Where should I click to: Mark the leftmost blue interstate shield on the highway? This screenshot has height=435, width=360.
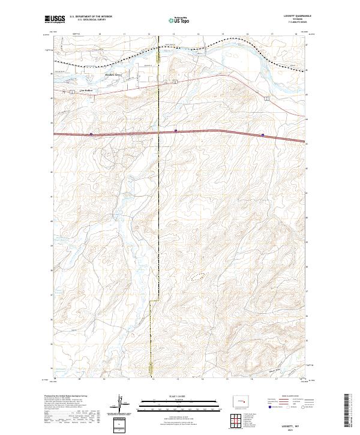coord(91,134)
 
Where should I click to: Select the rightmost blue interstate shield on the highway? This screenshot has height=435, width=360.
coord(263,135)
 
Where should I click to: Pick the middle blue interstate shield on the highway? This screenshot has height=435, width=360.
coord(175,130)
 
